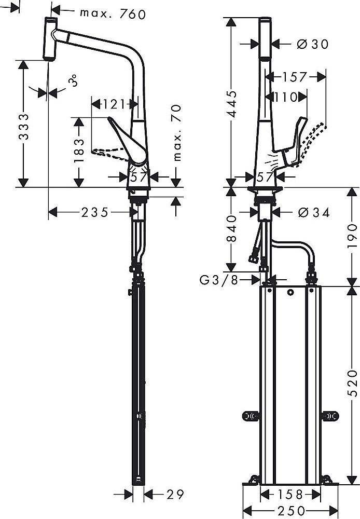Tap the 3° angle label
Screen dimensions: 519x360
[74, 81]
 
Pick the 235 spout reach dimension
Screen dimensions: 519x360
[94, 212]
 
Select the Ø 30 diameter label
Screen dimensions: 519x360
[312, 44]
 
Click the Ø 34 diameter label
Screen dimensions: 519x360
[313, 212]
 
